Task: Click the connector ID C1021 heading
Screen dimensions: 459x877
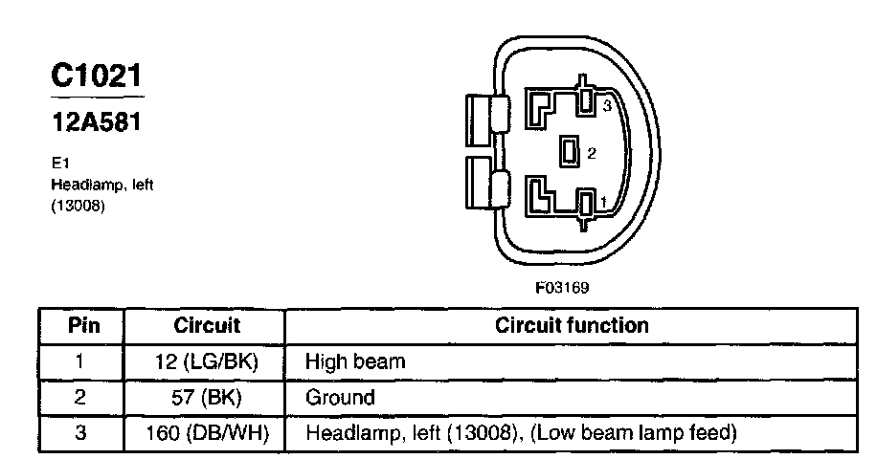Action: click(x=97, y=76)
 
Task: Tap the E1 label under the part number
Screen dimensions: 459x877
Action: click(x=59, y=163)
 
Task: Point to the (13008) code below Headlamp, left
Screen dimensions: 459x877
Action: click(x=78, y=205)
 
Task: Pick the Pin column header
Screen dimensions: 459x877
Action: click(x=79, y=325)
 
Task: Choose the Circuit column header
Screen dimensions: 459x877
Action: click(x=207, y=325)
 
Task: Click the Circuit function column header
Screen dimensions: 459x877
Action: click(x=572, y=325)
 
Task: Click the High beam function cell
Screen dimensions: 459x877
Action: click(x=354, y=361)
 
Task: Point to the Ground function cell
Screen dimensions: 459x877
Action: click(x=340, y=397)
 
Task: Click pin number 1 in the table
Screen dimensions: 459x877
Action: click(x=79, y=361)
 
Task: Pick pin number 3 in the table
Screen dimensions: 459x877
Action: click(x=79, y=433)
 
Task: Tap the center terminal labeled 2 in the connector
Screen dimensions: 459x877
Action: click(x=570, y=151)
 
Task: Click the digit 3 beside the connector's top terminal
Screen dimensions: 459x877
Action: click(x=606, y=106)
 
